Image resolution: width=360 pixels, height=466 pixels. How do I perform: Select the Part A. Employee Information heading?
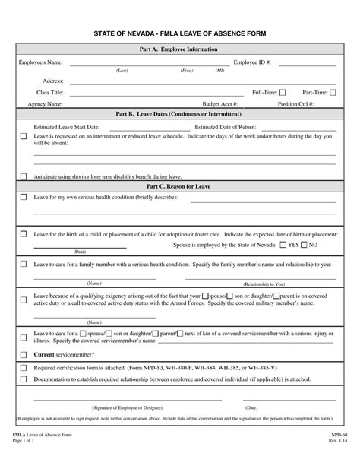point(179,49)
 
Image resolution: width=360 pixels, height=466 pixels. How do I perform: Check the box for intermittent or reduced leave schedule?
point(23,137)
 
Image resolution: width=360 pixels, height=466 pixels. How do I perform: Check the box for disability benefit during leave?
point(23,176)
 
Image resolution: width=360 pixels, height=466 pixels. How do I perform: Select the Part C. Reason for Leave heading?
point(179,185)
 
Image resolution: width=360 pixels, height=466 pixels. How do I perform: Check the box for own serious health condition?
point(23,196)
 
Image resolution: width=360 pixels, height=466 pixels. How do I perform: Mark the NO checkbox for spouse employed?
point(304,246)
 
